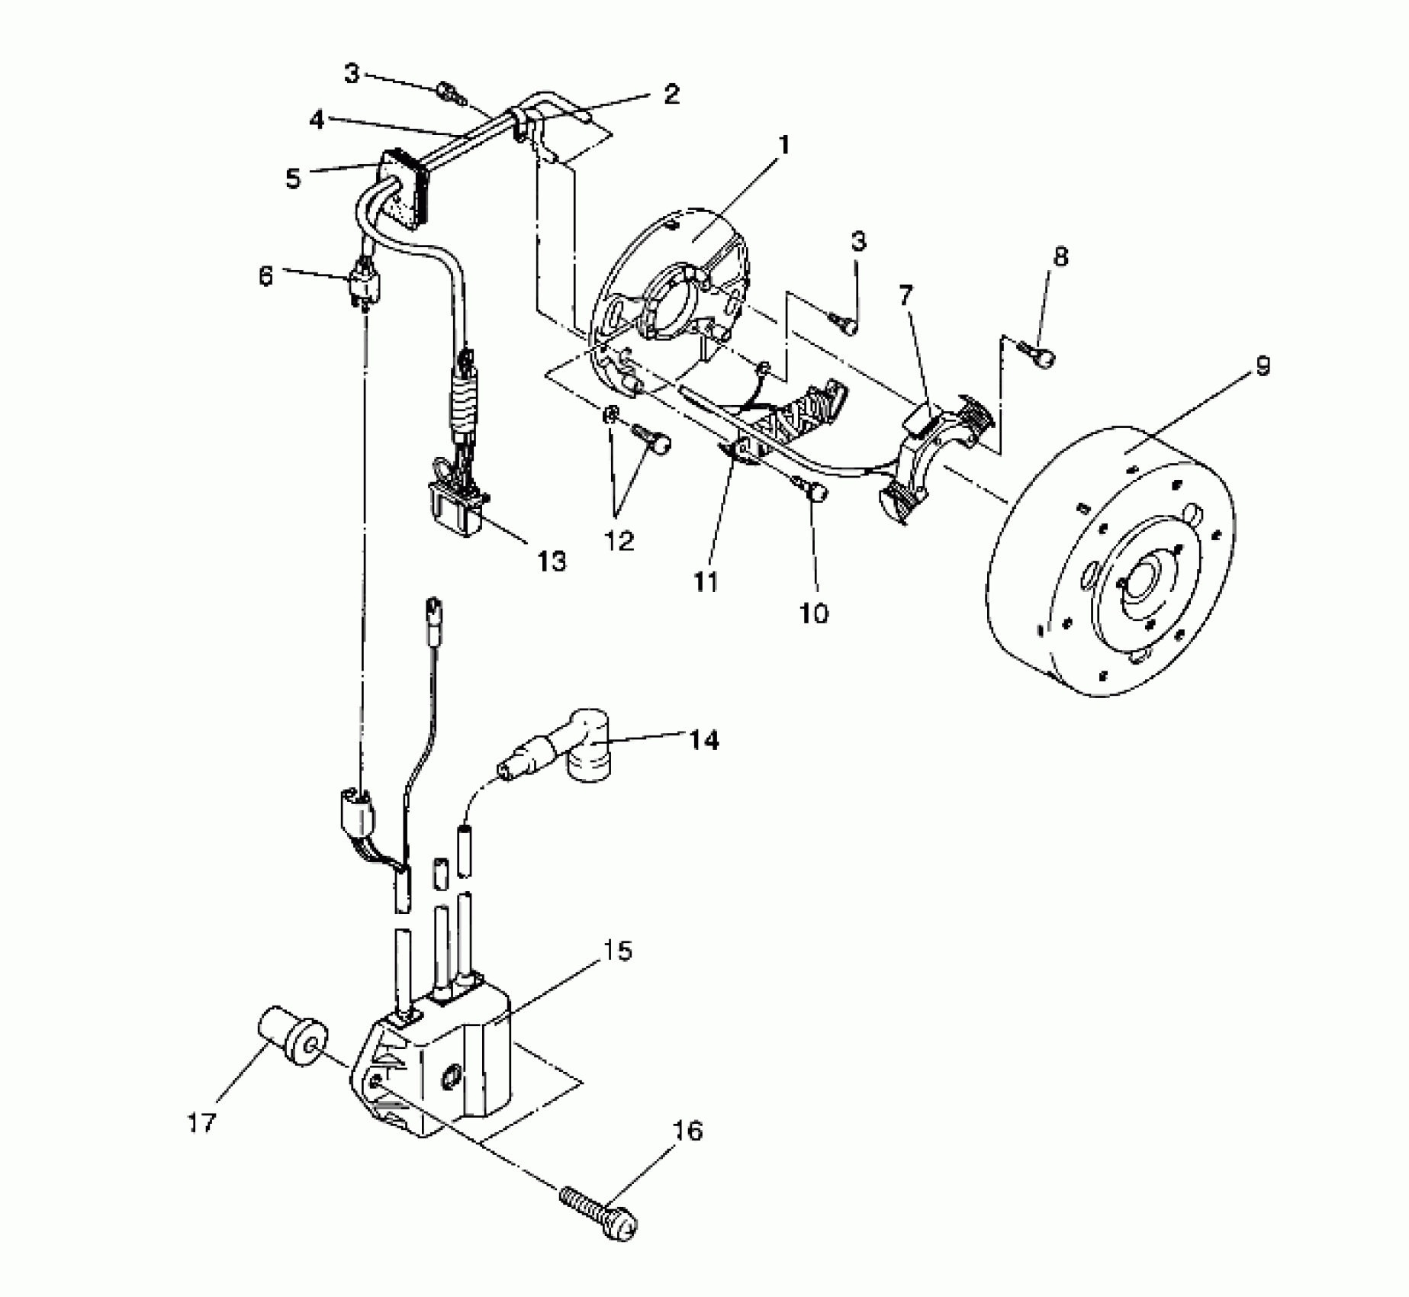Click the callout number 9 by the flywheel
1263,367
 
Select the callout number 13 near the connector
552,561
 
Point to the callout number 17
203,1122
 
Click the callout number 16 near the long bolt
687,1131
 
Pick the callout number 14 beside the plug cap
703,739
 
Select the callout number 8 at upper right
1060,256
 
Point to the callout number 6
265,275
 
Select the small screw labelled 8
1040,354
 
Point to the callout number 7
906,295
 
